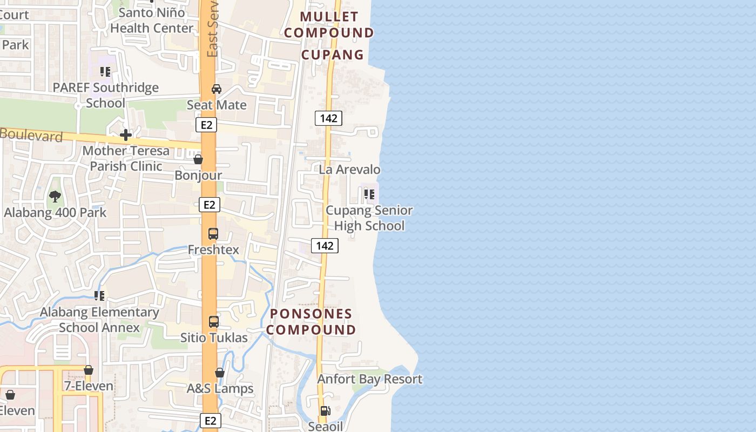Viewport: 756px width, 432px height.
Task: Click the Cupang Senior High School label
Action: (x=369, y=218)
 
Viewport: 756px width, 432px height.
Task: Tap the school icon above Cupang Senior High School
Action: (x=369, y=194)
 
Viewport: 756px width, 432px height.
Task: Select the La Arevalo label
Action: (x=349, y=170)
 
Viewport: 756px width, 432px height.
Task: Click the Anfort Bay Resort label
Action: (x=369, y=379)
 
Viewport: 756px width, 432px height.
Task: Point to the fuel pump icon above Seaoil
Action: (x=325, y=411)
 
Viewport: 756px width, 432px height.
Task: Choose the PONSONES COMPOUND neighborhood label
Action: (x=311, y=322)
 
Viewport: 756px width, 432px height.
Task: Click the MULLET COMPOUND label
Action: (x=329, y=25)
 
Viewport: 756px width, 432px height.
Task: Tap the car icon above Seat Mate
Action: (x=217, y=89)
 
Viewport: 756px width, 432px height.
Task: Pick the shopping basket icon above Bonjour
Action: (x=198, y=160)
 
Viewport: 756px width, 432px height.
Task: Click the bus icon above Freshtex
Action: (x=213, y=234)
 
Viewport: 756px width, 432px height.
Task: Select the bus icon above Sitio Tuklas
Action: (x=214, y=322)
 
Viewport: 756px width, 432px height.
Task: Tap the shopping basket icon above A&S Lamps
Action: (x=220, y=373)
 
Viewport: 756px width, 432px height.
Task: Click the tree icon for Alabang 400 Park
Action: (x=55, y=197)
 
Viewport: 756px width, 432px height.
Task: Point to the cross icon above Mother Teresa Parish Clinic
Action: (x=126, y=134)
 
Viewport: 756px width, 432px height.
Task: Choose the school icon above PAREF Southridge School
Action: (x=105, y=71)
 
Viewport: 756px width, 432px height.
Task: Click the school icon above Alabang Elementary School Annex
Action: (x=99, y=295)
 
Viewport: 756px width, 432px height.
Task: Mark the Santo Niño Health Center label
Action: (x=152, y=21)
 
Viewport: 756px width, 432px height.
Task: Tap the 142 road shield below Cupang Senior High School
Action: (x=325, y=246)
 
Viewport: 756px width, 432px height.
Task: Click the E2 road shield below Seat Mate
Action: (x=206, y=125)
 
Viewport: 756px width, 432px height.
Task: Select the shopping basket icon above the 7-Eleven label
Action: (x=89, y=370)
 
